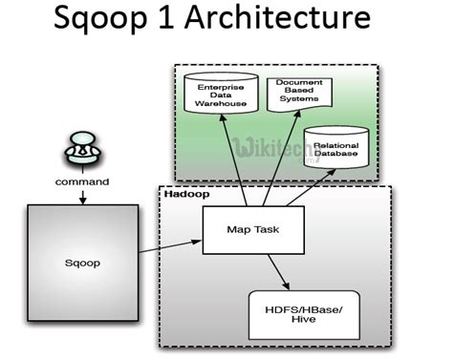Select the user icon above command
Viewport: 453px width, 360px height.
[81, 149]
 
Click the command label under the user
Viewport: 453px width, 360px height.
[81, 180]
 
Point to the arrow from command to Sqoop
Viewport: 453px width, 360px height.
[81, 195]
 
